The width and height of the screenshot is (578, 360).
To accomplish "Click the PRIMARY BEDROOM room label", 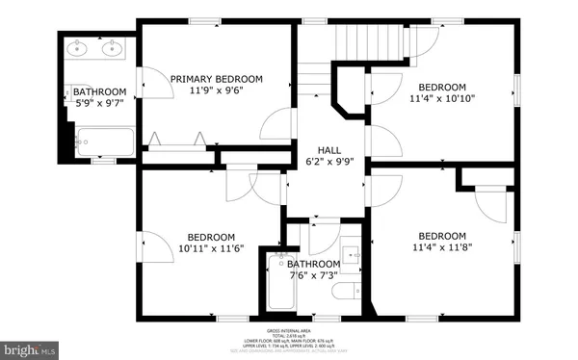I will click(x=217, y=79).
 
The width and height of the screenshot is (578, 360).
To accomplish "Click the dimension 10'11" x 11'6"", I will click(x=211, y=249).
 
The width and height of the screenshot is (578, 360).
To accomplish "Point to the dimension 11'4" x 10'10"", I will click(x=442, y=97).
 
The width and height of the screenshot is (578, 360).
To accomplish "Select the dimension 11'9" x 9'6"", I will click(x=217, y=92).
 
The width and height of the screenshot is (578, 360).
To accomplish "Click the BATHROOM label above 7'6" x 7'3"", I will click(x=313, y=264).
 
